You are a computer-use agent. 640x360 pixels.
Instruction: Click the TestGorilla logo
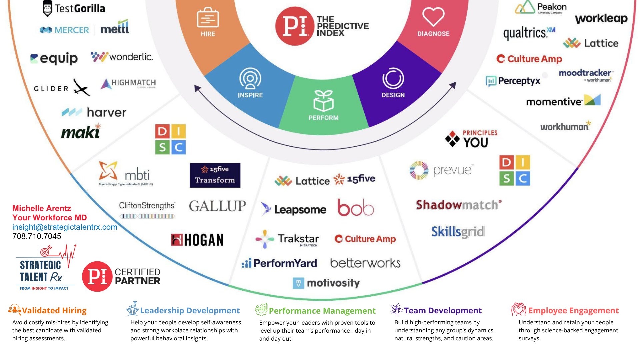[74, 8]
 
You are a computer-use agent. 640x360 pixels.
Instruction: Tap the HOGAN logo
[197, 240]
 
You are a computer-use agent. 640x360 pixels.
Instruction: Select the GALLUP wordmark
[217, 206]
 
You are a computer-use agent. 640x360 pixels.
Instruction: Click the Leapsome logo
[294, 209]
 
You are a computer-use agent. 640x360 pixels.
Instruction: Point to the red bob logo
[356, 207]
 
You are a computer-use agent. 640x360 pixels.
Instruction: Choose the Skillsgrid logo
[458, 232]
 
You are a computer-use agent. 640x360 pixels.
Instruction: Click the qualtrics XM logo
[529, 33]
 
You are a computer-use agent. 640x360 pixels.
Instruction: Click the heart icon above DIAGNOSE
[433, 16]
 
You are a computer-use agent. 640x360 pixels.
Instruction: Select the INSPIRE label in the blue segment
[250, 95]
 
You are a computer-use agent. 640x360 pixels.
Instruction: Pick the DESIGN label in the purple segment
[393, 95]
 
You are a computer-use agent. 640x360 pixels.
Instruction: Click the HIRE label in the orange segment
[208, 34]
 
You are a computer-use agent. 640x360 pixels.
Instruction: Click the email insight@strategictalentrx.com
[65, 227]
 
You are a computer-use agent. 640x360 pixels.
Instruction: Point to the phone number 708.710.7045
[37, 236]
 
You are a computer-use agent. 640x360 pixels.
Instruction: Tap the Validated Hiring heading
[54, 310]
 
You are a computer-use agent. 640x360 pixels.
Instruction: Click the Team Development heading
[443, 310]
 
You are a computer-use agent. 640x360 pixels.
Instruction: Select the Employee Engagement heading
[573, 310]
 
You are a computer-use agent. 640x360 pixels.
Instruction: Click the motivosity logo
[326, 283]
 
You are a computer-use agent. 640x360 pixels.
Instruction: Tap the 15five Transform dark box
[215, 175]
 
